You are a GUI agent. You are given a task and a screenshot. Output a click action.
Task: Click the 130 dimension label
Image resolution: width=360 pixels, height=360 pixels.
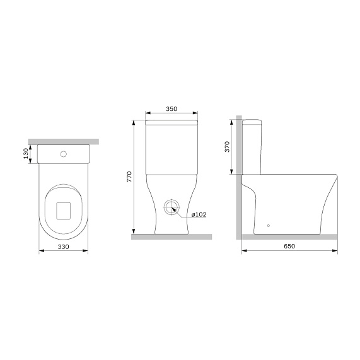tap(25, 154)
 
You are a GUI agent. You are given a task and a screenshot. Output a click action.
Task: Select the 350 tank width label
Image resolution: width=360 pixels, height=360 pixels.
tap(171, 110)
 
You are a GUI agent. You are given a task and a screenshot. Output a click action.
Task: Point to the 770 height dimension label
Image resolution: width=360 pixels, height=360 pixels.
tap(129, 177)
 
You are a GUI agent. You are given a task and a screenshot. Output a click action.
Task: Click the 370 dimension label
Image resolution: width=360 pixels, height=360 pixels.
tap(228, 148)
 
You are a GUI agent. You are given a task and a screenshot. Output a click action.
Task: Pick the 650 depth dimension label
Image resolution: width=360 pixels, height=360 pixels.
tap(289, 247)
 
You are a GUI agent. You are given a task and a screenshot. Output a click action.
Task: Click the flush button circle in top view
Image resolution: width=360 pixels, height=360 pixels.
tap(63, 153)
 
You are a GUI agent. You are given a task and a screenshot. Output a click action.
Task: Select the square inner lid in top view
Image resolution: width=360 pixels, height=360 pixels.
tap(63, 210)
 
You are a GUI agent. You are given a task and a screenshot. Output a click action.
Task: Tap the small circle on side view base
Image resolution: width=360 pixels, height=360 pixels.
tap(268, 225)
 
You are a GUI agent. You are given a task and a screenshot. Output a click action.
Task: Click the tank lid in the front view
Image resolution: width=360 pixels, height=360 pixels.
tap(171, 121)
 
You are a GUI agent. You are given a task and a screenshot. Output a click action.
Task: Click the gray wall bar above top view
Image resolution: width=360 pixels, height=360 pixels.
tap(63, 140)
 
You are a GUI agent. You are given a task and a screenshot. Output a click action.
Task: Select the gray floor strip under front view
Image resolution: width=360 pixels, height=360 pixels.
tap(171, 236)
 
